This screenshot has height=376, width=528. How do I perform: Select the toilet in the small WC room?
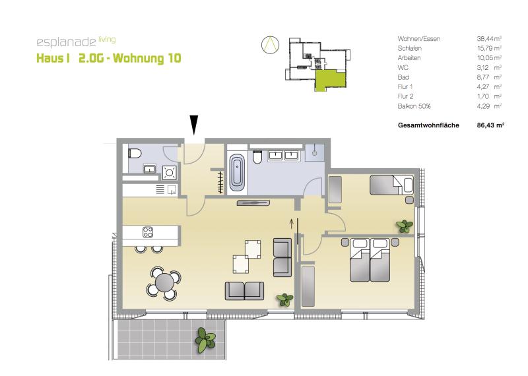135,154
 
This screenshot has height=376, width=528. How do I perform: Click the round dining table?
164,283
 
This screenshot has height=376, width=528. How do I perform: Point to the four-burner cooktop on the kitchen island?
148,232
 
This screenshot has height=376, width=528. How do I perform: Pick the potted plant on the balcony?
205,340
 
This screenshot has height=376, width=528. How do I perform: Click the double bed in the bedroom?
370,260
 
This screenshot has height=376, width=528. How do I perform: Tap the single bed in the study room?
391,185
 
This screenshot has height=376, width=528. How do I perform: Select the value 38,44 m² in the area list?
489,39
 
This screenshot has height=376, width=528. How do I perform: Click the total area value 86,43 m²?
490,125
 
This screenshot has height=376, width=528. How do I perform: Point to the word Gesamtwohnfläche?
428,125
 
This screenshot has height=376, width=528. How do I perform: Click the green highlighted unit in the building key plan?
330,79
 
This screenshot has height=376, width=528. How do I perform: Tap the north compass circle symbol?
271,44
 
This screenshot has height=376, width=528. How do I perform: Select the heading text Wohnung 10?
147,58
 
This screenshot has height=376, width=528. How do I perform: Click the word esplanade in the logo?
66,42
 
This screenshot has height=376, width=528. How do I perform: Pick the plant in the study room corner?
405,226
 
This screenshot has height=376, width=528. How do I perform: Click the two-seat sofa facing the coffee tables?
244,291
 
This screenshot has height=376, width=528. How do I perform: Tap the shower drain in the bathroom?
315,152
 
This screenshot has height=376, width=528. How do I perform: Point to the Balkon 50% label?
414,106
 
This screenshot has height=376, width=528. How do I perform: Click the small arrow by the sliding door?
292,223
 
